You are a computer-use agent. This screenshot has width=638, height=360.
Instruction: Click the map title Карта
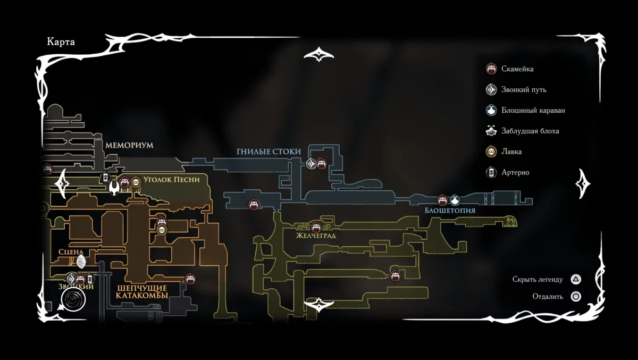pyautogui.click(x=61, y=42)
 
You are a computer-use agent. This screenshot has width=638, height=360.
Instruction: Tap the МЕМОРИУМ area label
pyautogui.click(x=129, y=145)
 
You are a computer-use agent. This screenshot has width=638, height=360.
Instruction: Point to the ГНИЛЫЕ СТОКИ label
pyautogui.click(x=268, y=152)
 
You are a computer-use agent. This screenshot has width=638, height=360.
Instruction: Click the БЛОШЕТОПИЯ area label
pyautogui.click(x=450, y=211)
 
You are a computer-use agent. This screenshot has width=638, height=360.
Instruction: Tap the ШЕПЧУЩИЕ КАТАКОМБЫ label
pyautogui.click(x=142, y=291)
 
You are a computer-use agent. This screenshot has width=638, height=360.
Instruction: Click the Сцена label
pyautogui.click(x=71, y=252)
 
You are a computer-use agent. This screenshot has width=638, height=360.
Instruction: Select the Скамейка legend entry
pyautogui.click(x=517, y=69)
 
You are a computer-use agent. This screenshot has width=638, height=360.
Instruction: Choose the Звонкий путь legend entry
pyautogui.click(x=523, y=89)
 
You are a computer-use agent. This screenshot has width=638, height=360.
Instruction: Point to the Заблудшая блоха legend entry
pyautogui.click(x=530, y=131)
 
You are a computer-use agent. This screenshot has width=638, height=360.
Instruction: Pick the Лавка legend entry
pyautogui.click(x=511, y=152)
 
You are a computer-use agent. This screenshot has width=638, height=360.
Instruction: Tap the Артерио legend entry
pyautogui.click(x=515, y=172)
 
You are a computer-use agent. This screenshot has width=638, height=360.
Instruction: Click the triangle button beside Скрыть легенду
pyautogui.click(x=576, y=279)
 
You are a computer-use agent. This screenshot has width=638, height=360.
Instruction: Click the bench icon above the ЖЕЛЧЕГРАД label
pyautogui.click(x=316, y=227)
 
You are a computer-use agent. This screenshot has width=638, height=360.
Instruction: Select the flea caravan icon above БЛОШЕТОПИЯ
pyautogui.click(x=455, y=200)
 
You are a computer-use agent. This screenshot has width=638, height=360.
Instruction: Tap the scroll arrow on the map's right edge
pyautogui.click(x=583, y=184)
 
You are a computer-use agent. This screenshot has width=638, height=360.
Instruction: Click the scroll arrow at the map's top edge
pyautogui.click(x=318, y=55)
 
